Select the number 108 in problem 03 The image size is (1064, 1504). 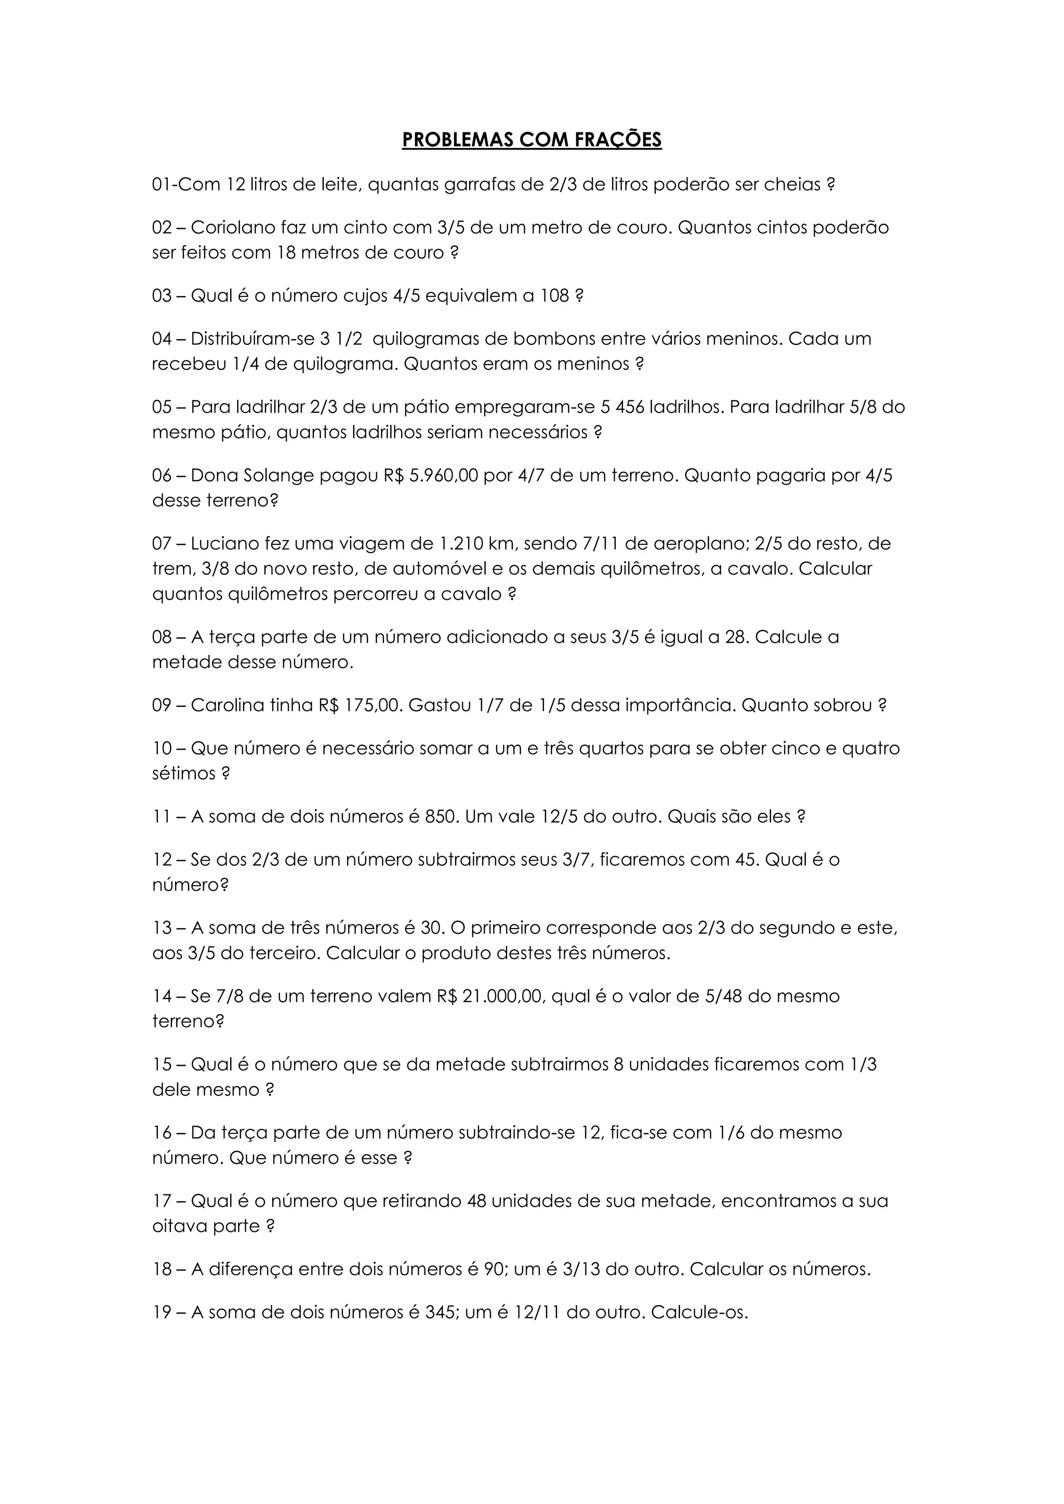pyautogui.click(x=554, y=296)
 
